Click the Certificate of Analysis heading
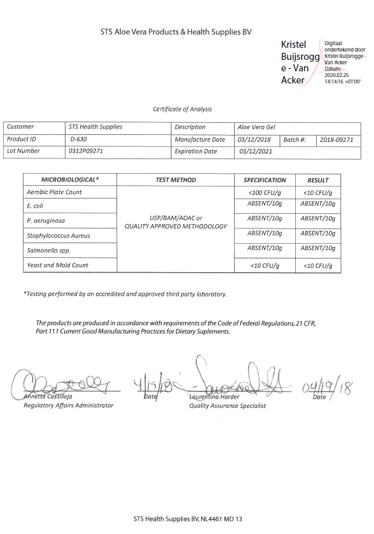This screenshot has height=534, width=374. [x=182, y=109]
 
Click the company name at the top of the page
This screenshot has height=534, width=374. [x=176, y=32]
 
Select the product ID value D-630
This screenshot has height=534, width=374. [x=79, y=139]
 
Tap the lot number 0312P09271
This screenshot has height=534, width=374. [x=85, y=151]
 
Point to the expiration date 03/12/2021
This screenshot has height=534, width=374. [x=256, y=151]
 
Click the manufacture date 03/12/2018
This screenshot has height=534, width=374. [x=254, y=139]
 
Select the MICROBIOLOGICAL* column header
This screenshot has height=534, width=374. [x=70, y=180]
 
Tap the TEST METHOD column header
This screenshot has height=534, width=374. [x=176, y=180]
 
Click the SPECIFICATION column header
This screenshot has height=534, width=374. [x=265, y=180]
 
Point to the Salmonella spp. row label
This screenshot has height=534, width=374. [x=48, y=251]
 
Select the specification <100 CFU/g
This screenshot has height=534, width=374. [x=265, y=192]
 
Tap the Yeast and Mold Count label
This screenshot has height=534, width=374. [x=57, y=265]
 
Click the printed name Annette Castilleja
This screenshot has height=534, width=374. [x=52, y=397]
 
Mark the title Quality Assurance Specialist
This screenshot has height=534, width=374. [x=227, y=405]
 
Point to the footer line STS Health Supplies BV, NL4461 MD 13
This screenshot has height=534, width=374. [x=188, y=519]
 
